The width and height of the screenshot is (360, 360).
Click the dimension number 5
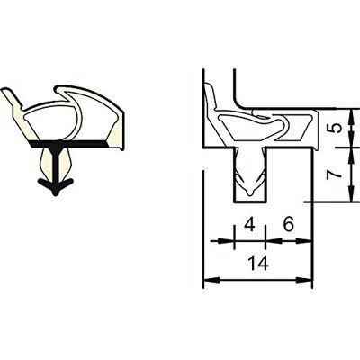coord(337,128)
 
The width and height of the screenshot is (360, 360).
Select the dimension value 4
coord(249,224)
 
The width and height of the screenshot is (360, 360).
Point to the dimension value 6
coord(288,224)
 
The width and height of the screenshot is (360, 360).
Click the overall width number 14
coord(258,264)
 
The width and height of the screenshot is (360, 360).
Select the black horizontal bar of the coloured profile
coord(69,144)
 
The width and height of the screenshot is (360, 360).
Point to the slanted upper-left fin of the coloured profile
coord(11,97)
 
